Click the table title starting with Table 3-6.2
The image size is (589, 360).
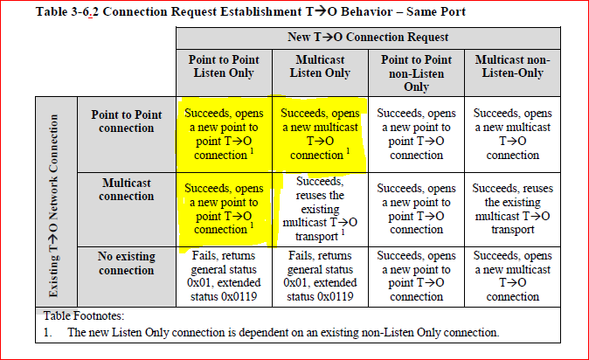(x=251, y=11)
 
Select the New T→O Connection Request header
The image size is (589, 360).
(x=368, y=38)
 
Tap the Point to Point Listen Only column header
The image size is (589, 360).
(x=224, y=66)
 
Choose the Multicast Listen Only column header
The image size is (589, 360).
(x=320, y=66)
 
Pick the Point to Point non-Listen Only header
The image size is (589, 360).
(x=416, y=73)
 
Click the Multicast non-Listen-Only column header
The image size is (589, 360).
(x=512, y=66)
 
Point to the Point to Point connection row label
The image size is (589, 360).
(x=127, y=121)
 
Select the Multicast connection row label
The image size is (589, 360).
(x=127, y=190)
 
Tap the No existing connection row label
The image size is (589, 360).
(x=127, y=263)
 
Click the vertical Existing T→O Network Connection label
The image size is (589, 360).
(x=53, y=206)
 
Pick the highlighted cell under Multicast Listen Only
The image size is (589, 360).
(x=320, y=135)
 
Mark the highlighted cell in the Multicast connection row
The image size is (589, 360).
(x=224, y=209)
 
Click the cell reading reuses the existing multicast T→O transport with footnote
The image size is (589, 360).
(x=320, y=209)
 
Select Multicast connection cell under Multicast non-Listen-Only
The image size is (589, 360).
(x=512, y=209)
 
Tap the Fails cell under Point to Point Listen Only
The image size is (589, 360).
(x=224, y=276)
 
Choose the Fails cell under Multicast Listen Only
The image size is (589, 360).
(x=320, y=276)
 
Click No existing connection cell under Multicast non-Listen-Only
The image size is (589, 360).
(x=512, y=276)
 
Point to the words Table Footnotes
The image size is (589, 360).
(x=83, y=315)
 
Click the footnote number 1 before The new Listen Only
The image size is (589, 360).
(x=46, y=333)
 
